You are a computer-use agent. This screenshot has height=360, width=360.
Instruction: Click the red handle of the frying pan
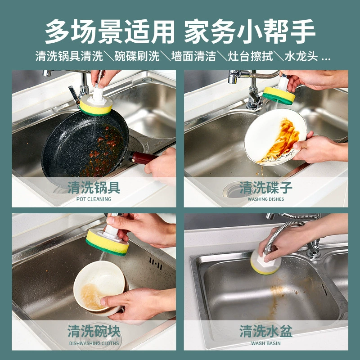(x=144, y=157)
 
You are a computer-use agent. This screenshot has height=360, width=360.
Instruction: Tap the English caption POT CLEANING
(x=94, y=199)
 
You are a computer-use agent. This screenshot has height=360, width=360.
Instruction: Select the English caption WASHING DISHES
(x=266, y=199)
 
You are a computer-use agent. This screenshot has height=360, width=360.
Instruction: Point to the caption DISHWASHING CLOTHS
(x=94, y=343)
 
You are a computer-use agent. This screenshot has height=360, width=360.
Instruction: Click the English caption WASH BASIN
(x=266, y=343)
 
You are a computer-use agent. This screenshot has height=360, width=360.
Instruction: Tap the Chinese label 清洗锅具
(x=94, y=188)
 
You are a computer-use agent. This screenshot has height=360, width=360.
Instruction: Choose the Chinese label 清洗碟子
(x=266, y=188)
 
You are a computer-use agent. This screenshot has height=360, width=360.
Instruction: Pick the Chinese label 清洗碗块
(x=94, y=331)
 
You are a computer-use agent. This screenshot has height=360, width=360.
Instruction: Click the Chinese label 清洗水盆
(x=266, y=331)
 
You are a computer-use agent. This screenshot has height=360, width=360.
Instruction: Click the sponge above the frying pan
(x=96, y=106)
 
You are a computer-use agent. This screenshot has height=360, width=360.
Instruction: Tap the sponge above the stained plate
(x=279, y=95)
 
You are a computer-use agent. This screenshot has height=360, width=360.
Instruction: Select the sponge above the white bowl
(x=107, y=243)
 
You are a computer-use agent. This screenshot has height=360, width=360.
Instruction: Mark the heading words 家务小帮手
(x=250, y=31)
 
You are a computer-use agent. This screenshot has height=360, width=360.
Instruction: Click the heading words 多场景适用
(x=110, y=31)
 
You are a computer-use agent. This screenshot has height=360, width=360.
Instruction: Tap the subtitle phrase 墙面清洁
(x=193, y=56)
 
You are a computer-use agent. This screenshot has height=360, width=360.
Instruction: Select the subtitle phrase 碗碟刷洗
(x=137, y=56)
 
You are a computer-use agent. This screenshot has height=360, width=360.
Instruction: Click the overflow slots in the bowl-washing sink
(x=156, y=264)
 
